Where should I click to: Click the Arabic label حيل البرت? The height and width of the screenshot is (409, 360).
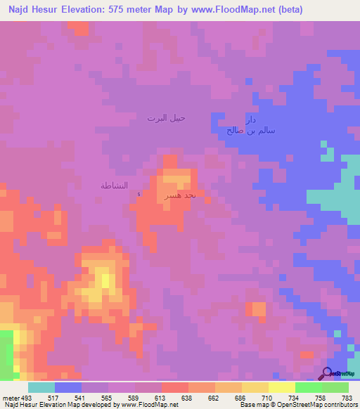pos(166,118)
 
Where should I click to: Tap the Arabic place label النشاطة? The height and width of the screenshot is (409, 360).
pos(113,186)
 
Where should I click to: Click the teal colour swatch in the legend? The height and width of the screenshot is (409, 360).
pos(41,387)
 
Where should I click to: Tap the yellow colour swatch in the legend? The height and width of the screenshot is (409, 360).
pos(282,387)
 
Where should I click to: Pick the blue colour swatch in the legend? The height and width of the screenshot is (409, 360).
pos(67,387)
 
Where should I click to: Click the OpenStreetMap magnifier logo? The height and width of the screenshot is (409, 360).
pos(327,372)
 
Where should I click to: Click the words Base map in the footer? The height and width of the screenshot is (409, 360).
pos(252,405)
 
